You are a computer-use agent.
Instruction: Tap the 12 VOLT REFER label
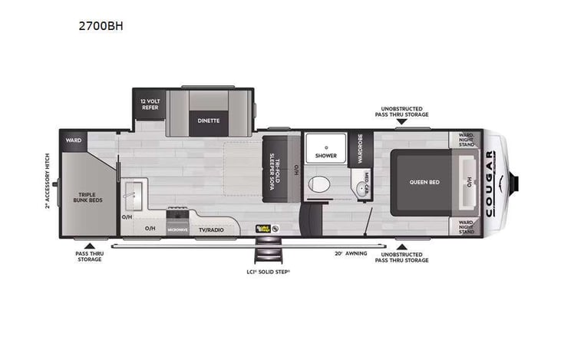[149, 105]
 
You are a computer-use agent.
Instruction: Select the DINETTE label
[208, 121]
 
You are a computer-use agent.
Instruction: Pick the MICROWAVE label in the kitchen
[178, 229]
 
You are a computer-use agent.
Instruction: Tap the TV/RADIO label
[211, 229]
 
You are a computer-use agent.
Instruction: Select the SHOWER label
[325, 156]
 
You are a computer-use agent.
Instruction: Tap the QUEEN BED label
[423, 183]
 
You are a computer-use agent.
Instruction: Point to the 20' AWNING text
[350, 252]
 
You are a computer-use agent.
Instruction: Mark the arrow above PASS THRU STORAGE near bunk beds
[87, 246]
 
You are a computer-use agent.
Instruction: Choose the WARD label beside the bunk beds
[74, 140]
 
